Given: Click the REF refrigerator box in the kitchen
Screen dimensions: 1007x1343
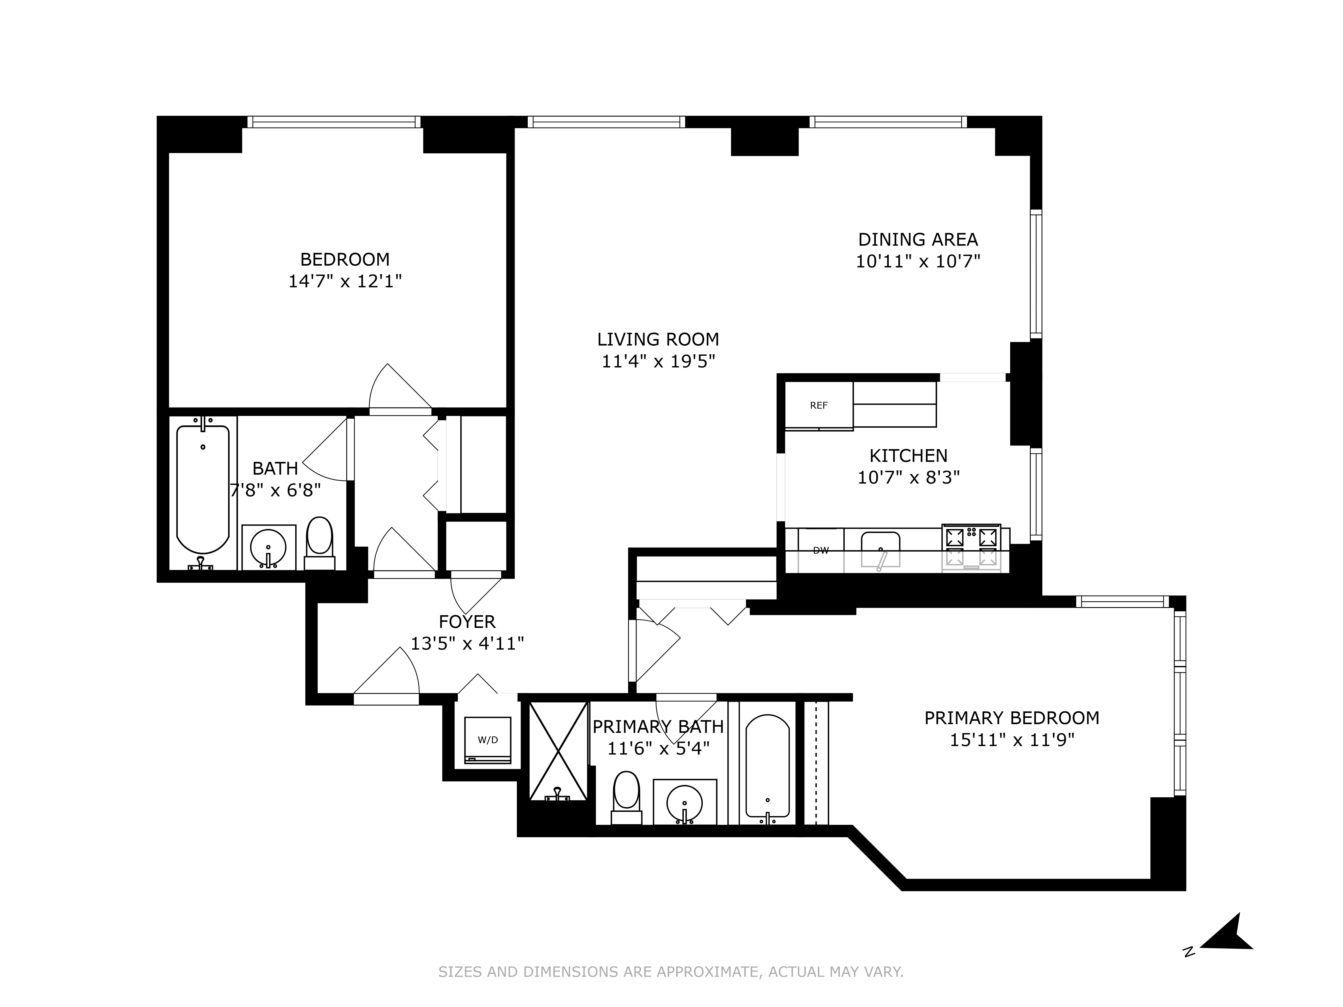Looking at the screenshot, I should click(x=818, y=405).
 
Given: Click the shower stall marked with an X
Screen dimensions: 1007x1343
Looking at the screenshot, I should click(x=558, y=751).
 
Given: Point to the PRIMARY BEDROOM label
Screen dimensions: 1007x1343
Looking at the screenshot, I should click(x=1012, y=718).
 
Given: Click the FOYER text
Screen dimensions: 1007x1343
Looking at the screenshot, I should click(x=467, y=622).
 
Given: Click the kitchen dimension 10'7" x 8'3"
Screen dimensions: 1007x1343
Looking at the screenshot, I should click(x=908, y=478).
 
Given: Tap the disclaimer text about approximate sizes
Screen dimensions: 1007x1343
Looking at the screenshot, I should click(x=671, y=972).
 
